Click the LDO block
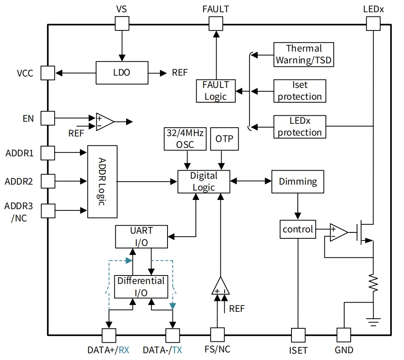point(122,73)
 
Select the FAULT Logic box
point(216,90)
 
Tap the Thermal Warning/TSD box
point(303,55)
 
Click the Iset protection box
point(300,90)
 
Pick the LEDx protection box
point(300,126)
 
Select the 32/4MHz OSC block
point(184,139)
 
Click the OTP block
point(224,139)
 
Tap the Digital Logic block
point(203,181)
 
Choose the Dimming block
point(298,181)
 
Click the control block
point(298,229)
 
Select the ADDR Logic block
point(102,181)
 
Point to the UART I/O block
point(141,237)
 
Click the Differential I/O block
point(141,286)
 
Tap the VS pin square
point(122,24)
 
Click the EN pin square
point(48,118)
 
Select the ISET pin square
point(298,335)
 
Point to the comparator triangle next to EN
point(104,122)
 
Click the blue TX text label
point(177,350)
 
